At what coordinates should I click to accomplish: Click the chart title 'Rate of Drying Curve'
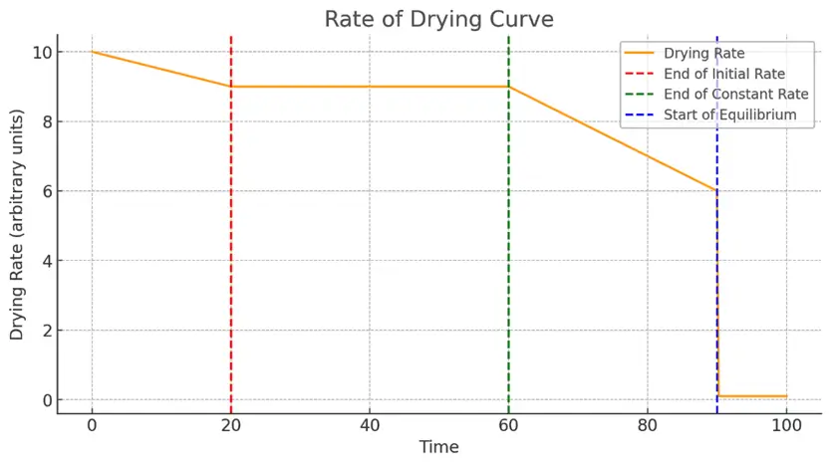click(438, 19)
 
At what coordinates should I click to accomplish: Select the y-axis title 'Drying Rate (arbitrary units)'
click(17, 225)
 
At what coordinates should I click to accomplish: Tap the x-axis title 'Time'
click(438, 447)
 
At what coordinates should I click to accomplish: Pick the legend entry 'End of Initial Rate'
click(723, 74)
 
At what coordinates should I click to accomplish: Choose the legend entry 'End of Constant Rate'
click(731, 95)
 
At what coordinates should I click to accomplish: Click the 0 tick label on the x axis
click(92, 426)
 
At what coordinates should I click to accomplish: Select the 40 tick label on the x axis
click(370, 426)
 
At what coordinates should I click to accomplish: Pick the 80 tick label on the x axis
click(648, 426)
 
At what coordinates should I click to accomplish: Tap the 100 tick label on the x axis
click(786, 426)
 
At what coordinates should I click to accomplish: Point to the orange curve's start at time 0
click(92, 52)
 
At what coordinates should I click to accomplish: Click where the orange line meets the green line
click(508, 87)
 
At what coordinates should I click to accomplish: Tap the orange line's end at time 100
click(786, 396)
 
